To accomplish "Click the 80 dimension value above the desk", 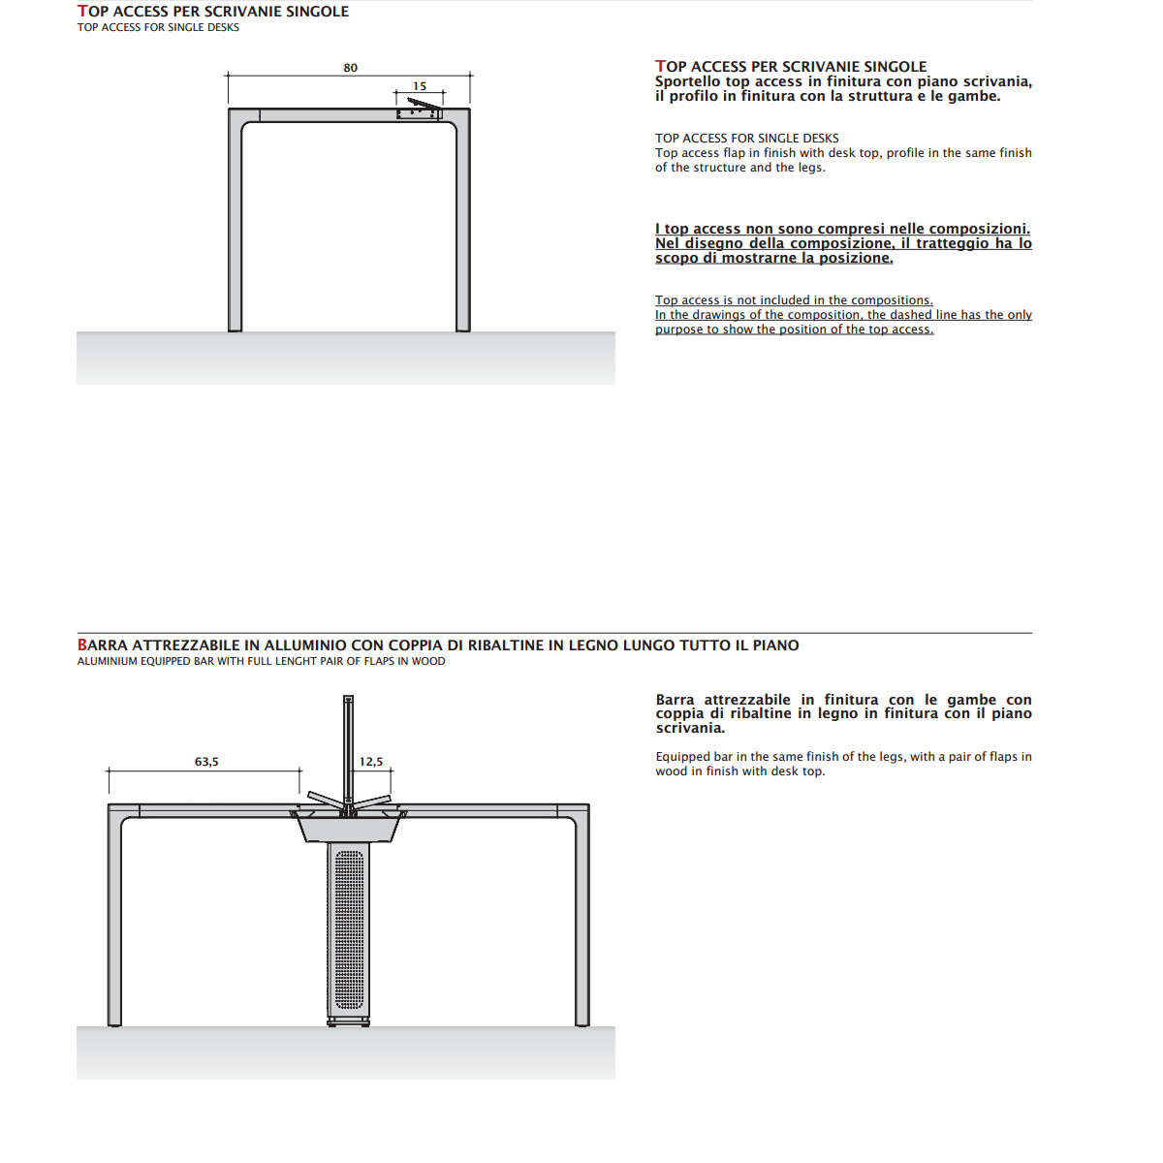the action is click(350, 68).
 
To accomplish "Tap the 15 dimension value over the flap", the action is click(420, 86).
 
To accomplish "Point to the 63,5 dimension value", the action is click(206, 762).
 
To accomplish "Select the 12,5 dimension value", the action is click(370, 762).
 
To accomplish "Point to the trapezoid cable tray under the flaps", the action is click(348, 826).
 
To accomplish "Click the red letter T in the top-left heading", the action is click(82, 12).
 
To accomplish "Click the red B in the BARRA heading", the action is click(82, 645).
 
